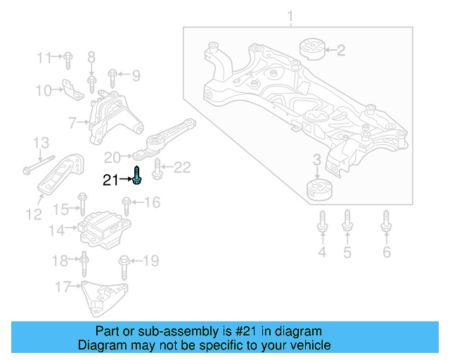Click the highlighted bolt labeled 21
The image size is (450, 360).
(x=137, y=175)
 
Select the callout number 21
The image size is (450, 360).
(x=110, y=181)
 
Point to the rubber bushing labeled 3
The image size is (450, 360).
(x=320, y=190)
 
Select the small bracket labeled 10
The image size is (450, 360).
(x=70, y=89)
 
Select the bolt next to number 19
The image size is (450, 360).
(x=124, y=265)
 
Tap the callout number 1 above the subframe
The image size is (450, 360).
(x=290, y=15)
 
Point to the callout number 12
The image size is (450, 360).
(x=34, y=214)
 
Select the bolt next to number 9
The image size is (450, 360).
(x=112, y=74)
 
